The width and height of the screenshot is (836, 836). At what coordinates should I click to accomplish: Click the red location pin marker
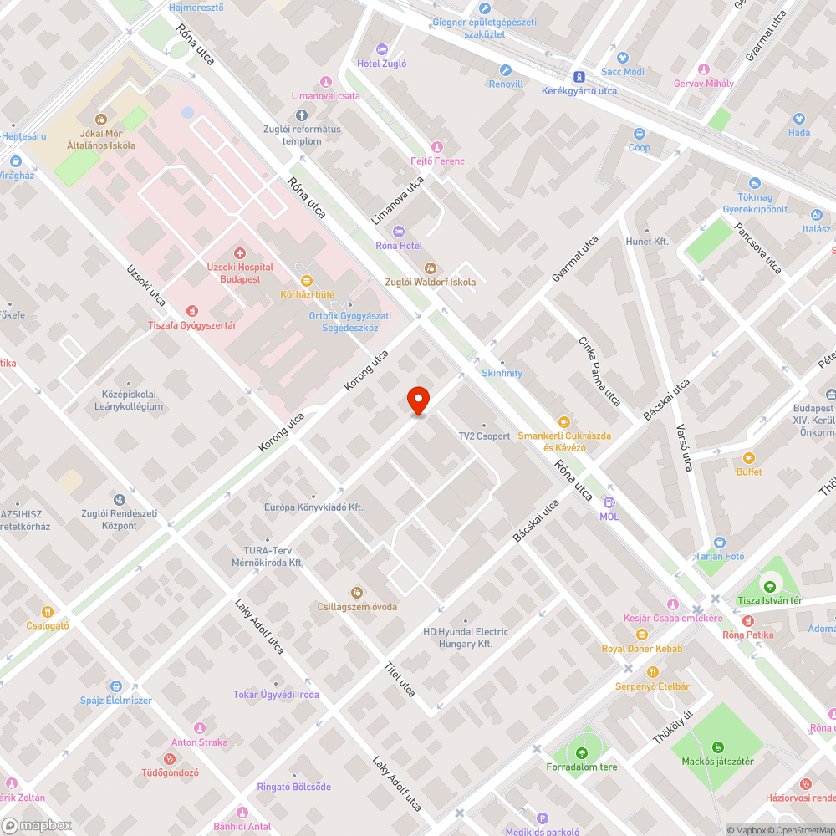point(418,400)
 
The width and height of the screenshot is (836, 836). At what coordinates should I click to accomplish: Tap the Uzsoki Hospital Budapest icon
point(240,252)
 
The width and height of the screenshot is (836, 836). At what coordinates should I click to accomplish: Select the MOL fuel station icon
point(609,502)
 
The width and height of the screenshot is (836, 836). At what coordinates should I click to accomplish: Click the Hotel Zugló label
point(381,63)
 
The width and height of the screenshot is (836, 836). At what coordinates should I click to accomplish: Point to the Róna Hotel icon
point(399,231)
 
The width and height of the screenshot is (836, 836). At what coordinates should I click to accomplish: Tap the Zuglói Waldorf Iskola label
point(430,282)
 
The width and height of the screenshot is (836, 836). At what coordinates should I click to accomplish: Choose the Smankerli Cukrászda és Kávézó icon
point(564,422)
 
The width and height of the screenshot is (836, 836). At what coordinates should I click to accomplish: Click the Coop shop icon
point(640,134)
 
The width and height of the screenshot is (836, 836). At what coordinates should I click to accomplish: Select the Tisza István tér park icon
point(769,586)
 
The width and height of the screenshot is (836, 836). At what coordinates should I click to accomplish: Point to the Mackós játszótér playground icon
point(717,747)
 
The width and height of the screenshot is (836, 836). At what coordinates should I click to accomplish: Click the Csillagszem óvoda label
point(357,606)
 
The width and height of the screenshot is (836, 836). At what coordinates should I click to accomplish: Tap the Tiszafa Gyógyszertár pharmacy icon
point(192,311)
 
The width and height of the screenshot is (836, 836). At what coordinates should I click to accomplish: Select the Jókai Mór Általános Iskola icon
point(101,120)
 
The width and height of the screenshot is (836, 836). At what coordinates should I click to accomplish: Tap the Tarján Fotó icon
point(720,543)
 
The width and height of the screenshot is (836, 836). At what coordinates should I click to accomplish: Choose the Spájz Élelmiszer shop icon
point(115,686)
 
